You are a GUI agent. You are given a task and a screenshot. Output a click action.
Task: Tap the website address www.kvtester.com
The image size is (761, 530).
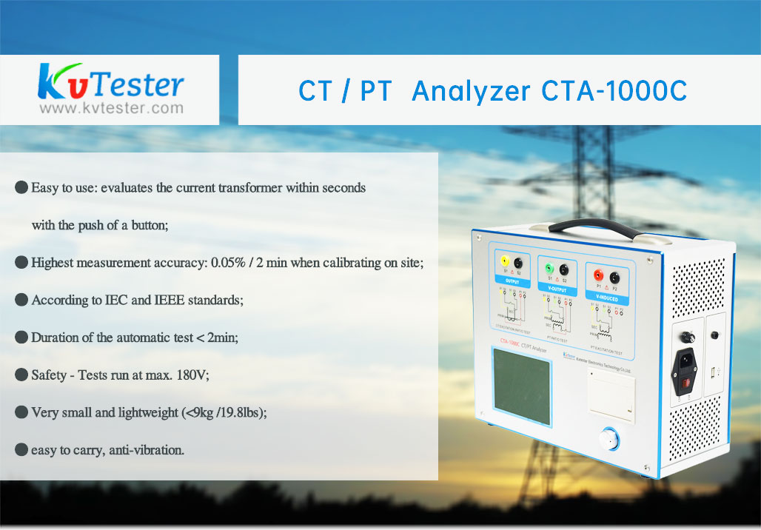[x=110, y=109]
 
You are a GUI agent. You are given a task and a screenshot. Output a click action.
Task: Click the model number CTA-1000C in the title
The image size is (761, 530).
[x=614, y=90]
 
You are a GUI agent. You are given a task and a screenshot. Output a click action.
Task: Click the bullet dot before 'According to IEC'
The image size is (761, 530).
[x=21, y=301]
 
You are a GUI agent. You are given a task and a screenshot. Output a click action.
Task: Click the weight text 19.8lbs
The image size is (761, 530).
[x=238, y=413]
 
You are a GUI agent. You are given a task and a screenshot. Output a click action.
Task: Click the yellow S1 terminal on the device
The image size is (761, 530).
[x=505, y=261]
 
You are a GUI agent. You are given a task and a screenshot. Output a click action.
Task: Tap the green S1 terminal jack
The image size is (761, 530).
[x=549, y=269]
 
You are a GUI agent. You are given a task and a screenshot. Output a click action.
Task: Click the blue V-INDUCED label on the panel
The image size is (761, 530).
[x=608, y=300]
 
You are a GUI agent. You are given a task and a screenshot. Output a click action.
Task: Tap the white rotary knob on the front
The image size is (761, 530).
[x=609, y=440]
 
